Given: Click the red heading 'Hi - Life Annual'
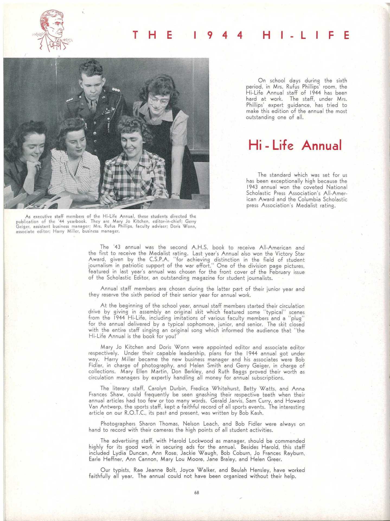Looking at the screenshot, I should [x=295, y=145].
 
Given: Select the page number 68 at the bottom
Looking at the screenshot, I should [x=197, y=493].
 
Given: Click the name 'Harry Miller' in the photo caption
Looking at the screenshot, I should [x=64, y=231].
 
